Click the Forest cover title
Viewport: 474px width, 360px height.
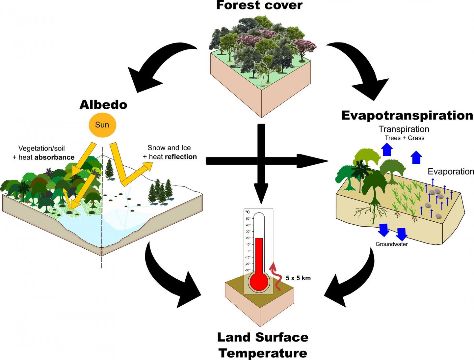(259, 5)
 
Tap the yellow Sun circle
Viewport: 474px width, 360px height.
(102, 125)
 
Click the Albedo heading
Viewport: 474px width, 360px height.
(103, 105)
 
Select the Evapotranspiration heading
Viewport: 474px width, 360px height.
(407, 115)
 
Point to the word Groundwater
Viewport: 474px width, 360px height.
(392, 244)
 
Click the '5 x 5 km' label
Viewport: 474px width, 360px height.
(298, 278)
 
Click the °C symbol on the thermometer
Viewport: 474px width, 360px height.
(248, 212)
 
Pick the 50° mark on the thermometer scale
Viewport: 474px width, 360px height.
(248, 219)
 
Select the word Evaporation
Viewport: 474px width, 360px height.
(451, 171)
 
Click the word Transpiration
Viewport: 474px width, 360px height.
(404, 129)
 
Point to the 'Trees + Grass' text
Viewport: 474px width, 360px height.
(404, 138)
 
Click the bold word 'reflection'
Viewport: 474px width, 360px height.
(181, 157)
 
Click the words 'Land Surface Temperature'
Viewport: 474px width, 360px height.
(263, 345)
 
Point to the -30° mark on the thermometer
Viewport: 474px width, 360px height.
(248, 270)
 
